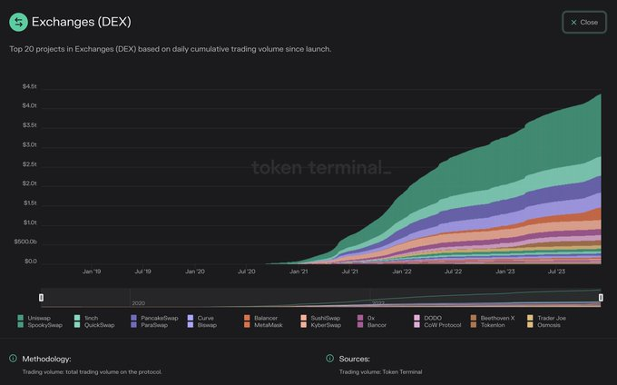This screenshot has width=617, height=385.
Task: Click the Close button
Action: pyautogui.click(x=583, y=22)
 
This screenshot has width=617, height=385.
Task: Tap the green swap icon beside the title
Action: pyautogui.click(x=17, y=22)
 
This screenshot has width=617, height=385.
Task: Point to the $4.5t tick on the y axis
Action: pyautogui.click(x=29, y=86)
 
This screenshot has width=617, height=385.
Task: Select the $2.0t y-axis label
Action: pyautogui.click(x=29, y=183)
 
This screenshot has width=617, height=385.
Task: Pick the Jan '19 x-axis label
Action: pyautogui.click(x=92, y=271)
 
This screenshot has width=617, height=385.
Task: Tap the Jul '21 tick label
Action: pyautogui.click(x=349, y=271)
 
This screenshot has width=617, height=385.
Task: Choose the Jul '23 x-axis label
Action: pyautogui.click(x=555, y=271)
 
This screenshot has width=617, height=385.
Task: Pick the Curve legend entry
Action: pyautogui.click(x=204, y=318)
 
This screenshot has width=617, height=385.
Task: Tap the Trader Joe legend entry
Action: pyautogui.click(x=551, y=318)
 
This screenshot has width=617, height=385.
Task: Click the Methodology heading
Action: pyautogui.click(x=46, y=359)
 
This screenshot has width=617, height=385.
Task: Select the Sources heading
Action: pyautogui.click(x=354, y=359)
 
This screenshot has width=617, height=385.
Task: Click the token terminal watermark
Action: pyautogui.click(x=319, y=167)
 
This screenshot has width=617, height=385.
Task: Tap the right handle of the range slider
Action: pyautogui.click(x=600, y=297)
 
